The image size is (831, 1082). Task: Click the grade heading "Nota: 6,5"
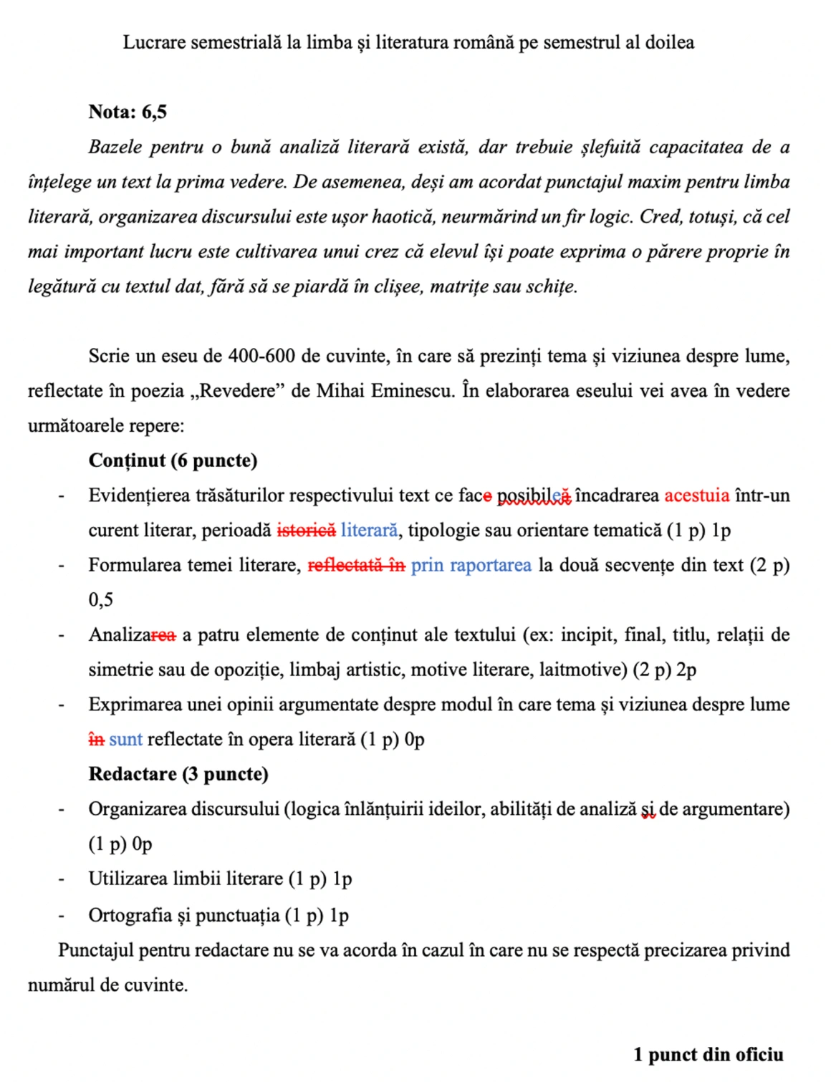point(128,112)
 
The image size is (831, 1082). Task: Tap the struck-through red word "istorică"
point(306,531)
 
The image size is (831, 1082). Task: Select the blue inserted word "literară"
point(369,531)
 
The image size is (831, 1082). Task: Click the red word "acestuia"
point(696,496)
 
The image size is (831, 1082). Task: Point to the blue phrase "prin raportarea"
point(471,566)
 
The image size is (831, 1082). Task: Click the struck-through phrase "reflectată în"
point(356,566)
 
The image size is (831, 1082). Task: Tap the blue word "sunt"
point(125,740)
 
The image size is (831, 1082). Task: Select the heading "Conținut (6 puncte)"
point(173,460)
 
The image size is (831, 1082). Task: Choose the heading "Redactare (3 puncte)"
point(178,774)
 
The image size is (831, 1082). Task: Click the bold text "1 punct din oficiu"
point(708,1055)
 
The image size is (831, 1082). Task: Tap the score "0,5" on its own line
point(101,600)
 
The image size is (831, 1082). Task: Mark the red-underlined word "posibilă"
point(534,496)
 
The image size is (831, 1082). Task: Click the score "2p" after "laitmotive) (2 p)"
point(686,670)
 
